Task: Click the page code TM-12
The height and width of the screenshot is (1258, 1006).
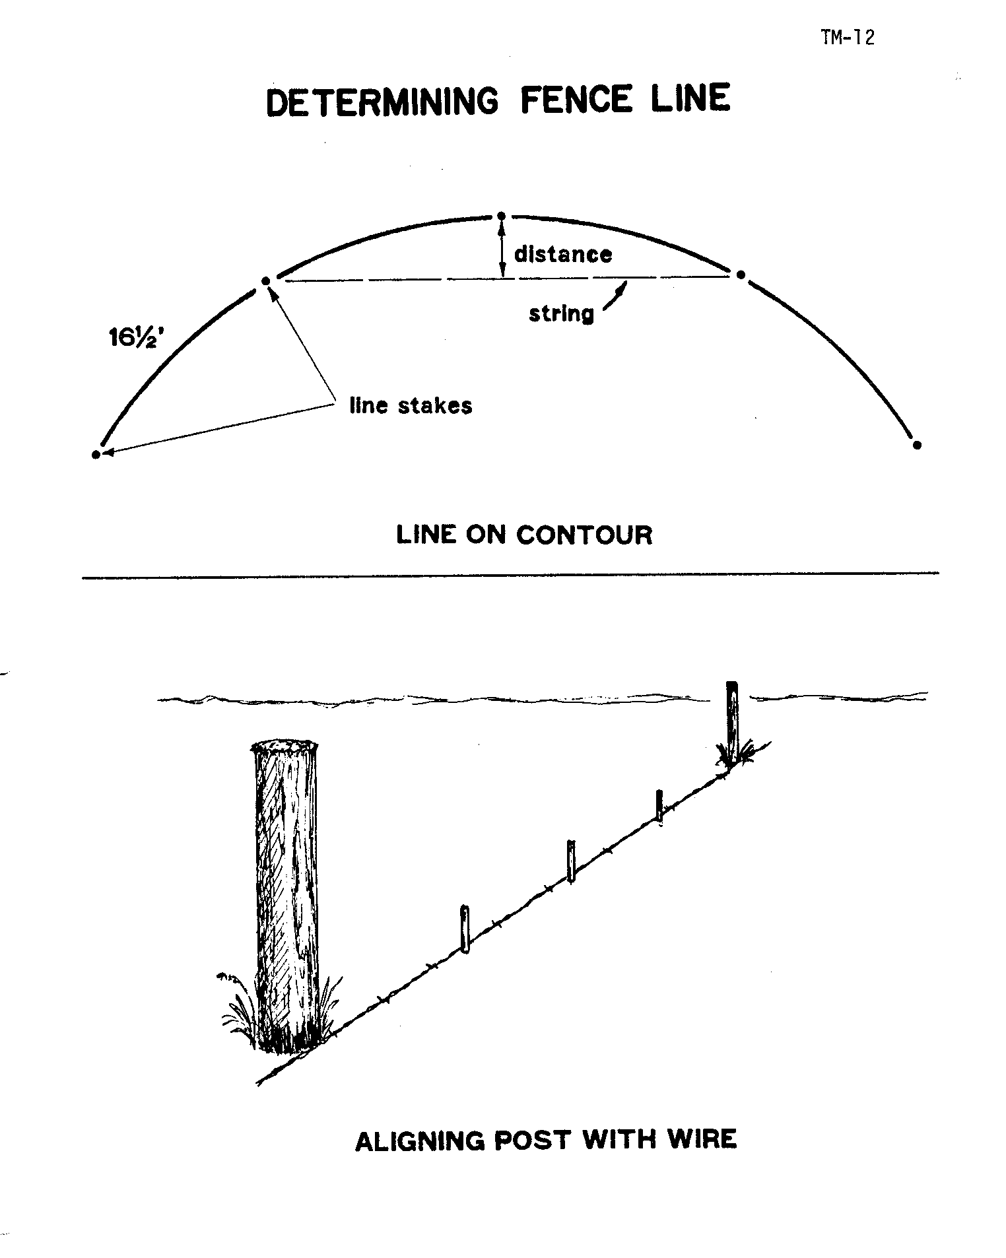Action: click(x=848, y=38)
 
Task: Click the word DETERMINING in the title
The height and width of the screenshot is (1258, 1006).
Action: click(x=382, y=102)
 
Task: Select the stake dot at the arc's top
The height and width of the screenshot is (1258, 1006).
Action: click(x=502, y=216)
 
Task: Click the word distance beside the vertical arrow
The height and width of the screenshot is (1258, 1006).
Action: click(x=563, y=254)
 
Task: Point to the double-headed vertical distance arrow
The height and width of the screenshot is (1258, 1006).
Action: click(x=502, y=249)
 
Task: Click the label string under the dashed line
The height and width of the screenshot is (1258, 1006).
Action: click(x=561, y=314)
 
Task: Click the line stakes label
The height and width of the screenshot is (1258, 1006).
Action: click(x=411, y=405)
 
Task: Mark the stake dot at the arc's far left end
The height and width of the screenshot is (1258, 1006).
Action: click(x=96, y=454)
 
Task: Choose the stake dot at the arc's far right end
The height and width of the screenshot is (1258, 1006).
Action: click(x=916, y=445)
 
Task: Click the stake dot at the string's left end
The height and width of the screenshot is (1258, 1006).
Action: click(x=266, y=281)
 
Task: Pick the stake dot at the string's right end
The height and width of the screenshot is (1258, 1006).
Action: click(x=741, y=274)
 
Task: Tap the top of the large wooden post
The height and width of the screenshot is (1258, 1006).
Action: click(x=285, y=748)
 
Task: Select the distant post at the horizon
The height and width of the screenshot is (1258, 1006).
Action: click(x=732, y=723)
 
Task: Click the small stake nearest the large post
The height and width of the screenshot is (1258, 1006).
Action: click(x=465, y=929)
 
